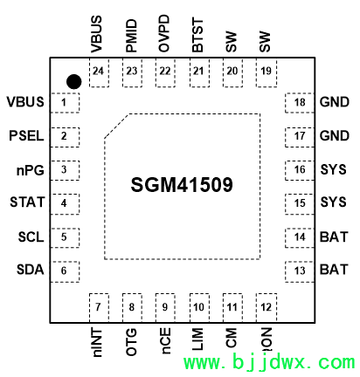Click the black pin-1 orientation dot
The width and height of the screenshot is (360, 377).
74,82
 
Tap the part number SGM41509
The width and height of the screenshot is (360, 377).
182,185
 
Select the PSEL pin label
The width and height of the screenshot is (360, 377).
26,136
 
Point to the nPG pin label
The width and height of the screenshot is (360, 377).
31,170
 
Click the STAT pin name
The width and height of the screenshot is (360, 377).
27,202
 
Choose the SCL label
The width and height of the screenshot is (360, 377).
31,237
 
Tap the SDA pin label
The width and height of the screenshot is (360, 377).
31,270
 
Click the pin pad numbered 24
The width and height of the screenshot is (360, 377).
99,72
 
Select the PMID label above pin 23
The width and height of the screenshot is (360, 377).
131,36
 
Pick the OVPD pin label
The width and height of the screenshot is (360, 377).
164,33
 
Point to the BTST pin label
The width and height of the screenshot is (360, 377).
197,35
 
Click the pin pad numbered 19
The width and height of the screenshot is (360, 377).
267,72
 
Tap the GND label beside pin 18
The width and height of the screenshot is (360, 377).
335,102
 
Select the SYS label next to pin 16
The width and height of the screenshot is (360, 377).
334,169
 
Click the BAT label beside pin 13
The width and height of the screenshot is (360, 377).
334,270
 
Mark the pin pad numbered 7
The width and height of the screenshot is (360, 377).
99,308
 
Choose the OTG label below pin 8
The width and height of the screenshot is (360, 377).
131,342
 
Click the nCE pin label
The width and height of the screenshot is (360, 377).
165,341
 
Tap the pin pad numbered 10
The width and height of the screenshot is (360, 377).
199,308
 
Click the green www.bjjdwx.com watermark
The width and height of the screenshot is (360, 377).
269,362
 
